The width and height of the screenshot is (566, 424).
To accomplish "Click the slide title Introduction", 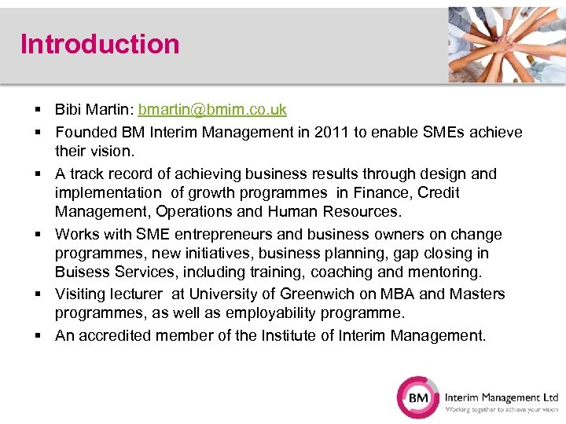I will click(100, 44).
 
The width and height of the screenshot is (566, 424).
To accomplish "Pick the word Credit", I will click(439, 192).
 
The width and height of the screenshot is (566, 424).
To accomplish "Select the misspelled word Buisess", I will click(80, 272).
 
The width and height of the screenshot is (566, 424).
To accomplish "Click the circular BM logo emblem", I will click(417, 397).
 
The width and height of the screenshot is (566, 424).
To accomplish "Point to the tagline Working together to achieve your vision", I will click(502, 409).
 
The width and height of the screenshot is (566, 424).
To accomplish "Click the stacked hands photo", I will click(507, 44).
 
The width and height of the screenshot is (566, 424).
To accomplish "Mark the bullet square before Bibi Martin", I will click(38, 110).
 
